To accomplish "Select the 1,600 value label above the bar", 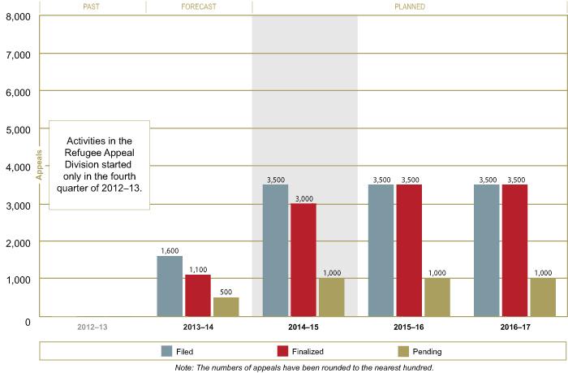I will pyautogui.click(x=170, y=251).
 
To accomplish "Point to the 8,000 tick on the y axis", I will pyautogui.click(x=17, y=17).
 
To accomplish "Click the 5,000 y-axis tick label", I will pyautogui.click(x=17, y=130).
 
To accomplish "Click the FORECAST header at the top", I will pyautogui.click(x=198, y=7).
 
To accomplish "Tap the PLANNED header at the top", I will pyautogui.click(x=410, y=7).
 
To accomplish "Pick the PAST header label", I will pyautogui.click(x=93, y=7).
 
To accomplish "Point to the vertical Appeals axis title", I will pyautogui.click(x=37, y=166).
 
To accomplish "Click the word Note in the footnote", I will pyautogui.click(x=184, y=366).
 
